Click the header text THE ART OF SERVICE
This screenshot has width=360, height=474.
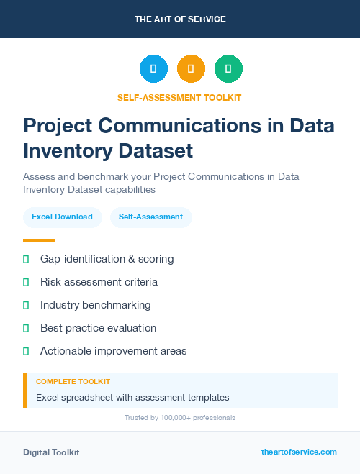tap(180, 19)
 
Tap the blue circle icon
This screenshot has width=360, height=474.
tap(153, 69)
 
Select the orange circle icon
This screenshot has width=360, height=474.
tap(191, 69)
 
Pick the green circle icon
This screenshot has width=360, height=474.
tap(228, 69)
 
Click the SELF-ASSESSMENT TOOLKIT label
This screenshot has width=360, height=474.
tap(179, 97)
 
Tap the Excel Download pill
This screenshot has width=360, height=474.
tap(62, 217)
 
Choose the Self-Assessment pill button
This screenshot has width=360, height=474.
tap(150, 217)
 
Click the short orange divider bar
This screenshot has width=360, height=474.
tap(39, 240)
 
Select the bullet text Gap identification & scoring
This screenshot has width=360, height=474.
tap(107, 259)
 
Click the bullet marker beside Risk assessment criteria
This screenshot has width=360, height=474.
tap(26, 282)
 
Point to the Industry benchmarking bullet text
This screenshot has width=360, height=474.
tap(95, 305)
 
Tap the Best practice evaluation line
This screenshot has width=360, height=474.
tap(98, 328)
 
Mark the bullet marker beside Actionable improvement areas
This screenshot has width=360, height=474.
tap(26, 351)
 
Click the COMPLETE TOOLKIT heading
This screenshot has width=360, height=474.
tap(73, 381)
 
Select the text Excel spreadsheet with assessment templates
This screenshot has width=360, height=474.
tap(132, 397)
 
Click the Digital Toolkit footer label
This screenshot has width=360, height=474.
tap(51, 452)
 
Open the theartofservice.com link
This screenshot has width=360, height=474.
tap(299, 452)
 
